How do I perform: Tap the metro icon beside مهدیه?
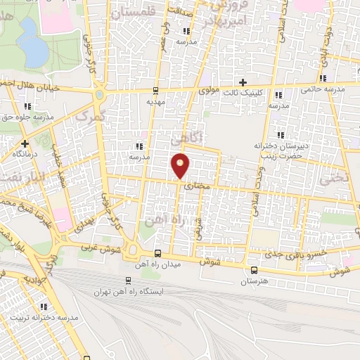(155, 90)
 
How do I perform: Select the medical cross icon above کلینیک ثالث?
(244, 82)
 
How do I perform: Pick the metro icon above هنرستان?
(254, 269)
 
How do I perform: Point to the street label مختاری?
(198, 186)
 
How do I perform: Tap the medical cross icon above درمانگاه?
(24, 143)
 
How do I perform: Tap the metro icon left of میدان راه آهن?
(157, 254)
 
